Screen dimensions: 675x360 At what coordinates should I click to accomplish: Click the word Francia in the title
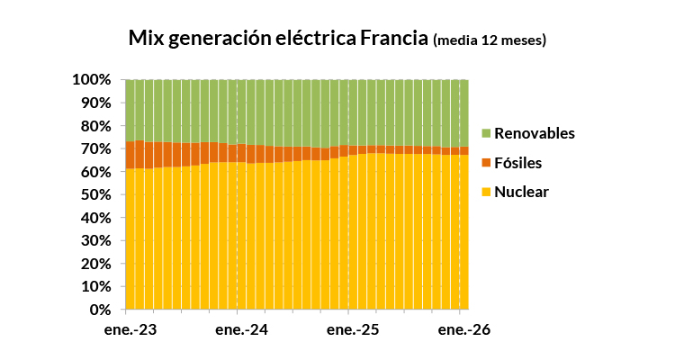(x=394, y=38)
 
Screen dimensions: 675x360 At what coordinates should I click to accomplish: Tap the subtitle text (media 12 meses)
(x=490, y=40)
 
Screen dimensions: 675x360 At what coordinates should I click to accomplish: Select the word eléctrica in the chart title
(x=316, y=38)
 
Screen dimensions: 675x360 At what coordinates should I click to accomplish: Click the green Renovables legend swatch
(x=486, y=133)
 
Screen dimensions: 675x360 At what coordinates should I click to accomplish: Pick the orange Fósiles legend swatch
(x=486, y=163)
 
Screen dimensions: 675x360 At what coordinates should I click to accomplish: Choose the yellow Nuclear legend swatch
(x=486, y=192)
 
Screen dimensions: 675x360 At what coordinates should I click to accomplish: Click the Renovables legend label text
(x=535, y=133)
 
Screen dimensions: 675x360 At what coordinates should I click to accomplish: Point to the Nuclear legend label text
(x=521, y=192)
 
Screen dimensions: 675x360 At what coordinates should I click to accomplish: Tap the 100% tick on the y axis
(x=92, y=80)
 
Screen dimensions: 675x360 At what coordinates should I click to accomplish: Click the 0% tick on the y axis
(x=101, y=310)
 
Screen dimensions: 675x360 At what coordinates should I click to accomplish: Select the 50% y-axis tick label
(x=96, y=194)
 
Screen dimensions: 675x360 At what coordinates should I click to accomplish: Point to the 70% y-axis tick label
(x=96, y=148)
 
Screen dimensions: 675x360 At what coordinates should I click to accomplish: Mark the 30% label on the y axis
(x=96, y=240)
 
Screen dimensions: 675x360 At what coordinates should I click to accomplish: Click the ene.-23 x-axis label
(x=130, y=330)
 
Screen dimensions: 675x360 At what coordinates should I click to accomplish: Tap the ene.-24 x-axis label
(x=241, y=330)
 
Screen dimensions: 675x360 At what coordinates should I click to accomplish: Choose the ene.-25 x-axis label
(x=353, y=330)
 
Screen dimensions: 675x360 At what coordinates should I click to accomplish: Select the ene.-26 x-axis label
(x=464, y=330)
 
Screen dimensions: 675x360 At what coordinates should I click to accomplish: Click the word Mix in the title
(x=147, y=38)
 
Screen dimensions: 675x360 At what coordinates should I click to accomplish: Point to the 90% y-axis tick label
(x=96, y=103)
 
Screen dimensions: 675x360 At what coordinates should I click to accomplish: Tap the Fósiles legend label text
(x=517, y=163)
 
